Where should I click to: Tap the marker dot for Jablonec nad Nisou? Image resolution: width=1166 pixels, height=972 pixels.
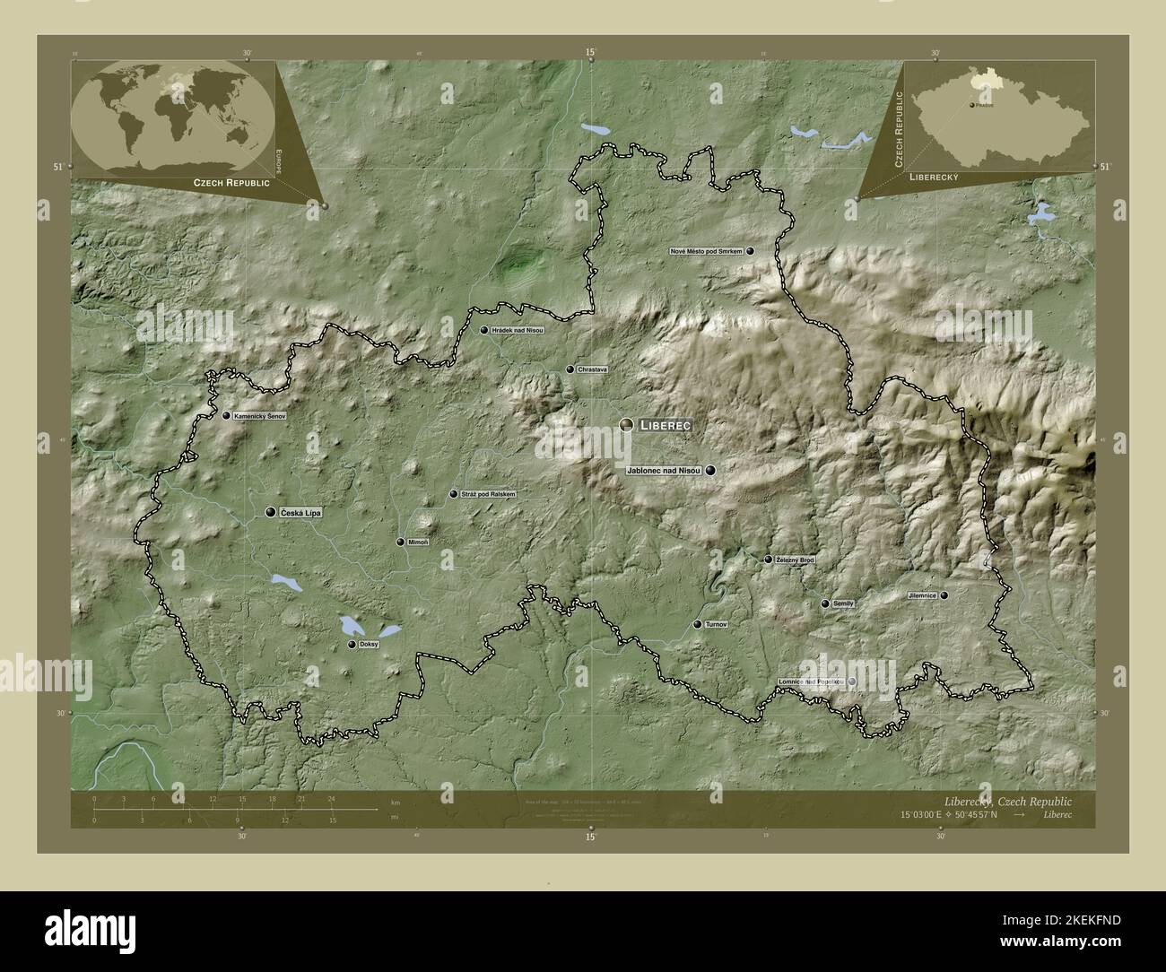coord(710,470)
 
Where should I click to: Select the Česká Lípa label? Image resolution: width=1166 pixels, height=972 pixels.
coord(300,512)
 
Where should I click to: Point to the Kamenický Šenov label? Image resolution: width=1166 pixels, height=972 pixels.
coord(259,416)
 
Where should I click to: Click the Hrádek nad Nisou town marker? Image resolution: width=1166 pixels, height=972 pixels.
coord(484,330)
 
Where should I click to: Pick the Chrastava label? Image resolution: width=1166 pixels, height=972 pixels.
coord(593,369)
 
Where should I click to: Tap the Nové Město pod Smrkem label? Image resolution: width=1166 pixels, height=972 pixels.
coord(706,252)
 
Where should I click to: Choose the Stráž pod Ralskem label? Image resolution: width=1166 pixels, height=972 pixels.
coord(489,494)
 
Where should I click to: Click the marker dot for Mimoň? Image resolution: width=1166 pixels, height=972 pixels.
coord(400,542)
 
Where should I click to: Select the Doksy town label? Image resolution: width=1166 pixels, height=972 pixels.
coord(369,645)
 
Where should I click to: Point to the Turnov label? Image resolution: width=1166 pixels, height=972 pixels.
coord(716,624)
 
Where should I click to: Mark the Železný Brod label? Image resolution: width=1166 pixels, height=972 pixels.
coord(795,560)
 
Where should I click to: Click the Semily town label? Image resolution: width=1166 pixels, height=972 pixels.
coord(843,604)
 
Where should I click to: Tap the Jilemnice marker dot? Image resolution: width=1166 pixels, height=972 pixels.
coord(944,595)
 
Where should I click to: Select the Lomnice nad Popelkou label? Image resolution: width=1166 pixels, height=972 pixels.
coord(811,682)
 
